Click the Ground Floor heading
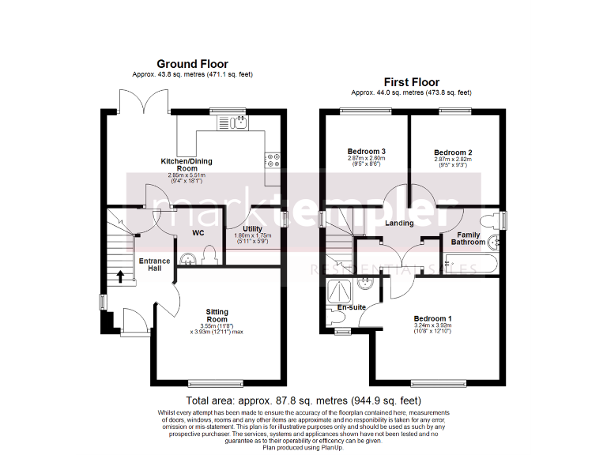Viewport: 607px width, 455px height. click(x=192, y=64)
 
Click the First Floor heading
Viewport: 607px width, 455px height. click(x=411, y=82)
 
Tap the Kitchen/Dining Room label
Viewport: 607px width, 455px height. click(x=187, y=164)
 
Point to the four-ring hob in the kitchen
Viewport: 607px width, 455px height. click(x=272, y=160)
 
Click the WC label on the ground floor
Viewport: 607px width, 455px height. click(x=199, y=233)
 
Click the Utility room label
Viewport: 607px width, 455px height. click(x=252, y=229)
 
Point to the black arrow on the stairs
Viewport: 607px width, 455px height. click(x=120, y=276)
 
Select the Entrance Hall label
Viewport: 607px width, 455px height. click(x=154, y=265)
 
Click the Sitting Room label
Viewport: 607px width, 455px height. click(x=217, y=316)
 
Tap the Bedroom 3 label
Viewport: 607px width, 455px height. click(x=367, y=152)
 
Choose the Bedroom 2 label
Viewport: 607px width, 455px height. click(x=453, y=152)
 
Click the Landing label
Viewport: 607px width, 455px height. click(x=399, y=224)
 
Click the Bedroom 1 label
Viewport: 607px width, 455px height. click(x=432, y=318)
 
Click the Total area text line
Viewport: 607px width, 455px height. click(x=303, y=400)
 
